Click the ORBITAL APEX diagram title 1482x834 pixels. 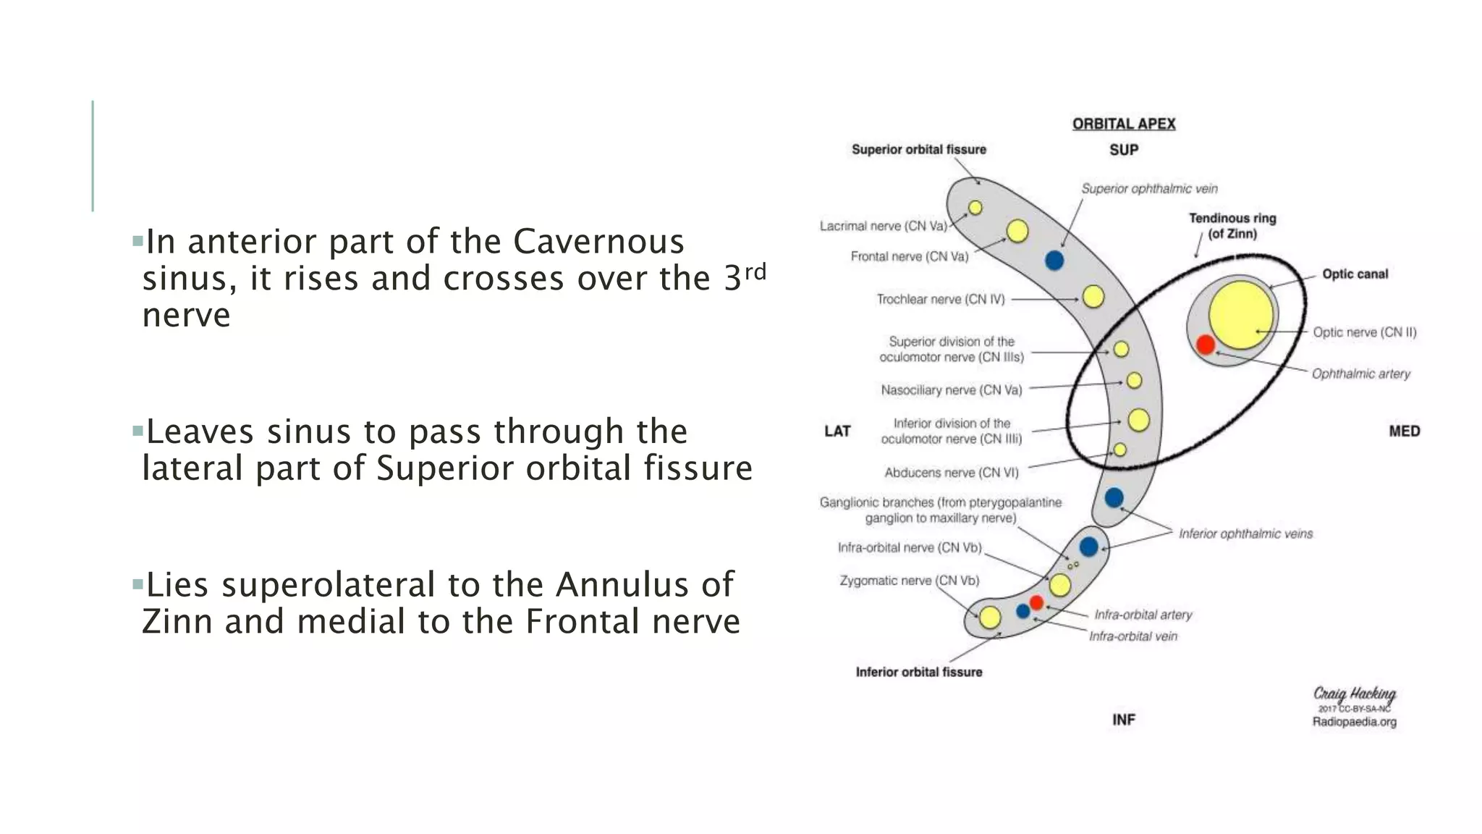tap(1123, 124)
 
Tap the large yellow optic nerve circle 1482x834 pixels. tap(1240, 315)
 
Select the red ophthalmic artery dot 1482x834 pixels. tap(1205, 345)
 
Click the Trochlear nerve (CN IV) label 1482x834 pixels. tap(940, 299)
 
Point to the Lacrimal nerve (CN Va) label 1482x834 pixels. tap(883, 226)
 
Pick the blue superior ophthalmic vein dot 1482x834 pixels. tap(1054, 261)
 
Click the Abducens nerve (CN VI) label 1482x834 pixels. tap(951, 473)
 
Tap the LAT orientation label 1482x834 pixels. tap(837, 431)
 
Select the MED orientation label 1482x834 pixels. tap(1404, 431)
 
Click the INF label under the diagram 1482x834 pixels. tap(1123, 720)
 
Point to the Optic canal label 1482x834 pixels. tap(1355, 274)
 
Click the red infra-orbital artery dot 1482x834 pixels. tap(1036, 602)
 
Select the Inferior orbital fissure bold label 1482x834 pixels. tap(918, 672)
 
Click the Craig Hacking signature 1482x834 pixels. tap(1354, 694)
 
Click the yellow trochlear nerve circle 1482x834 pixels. tap(1093, 296)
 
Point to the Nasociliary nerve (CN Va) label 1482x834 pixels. tap(951, 390)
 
